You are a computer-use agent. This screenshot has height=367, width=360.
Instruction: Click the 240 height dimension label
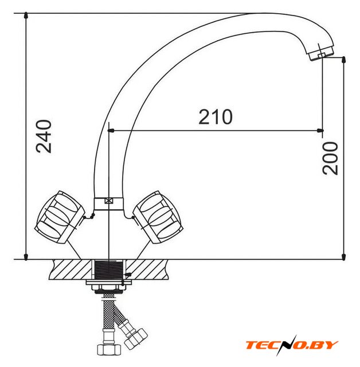[44, 136]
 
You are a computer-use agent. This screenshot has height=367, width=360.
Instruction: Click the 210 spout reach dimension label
[216, 116]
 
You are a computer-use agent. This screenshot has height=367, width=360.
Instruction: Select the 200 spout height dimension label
[330, 158]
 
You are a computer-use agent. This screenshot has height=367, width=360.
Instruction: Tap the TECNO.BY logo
[292, 345]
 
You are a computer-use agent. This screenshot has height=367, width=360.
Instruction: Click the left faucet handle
[60, 217]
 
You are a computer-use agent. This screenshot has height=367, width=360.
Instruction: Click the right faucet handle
[158, 217]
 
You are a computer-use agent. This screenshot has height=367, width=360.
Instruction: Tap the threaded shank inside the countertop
[109, 270]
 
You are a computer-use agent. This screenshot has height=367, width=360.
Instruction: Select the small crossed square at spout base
[109, 201]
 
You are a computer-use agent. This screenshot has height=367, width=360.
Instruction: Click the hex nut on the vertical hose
[109, 349]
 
